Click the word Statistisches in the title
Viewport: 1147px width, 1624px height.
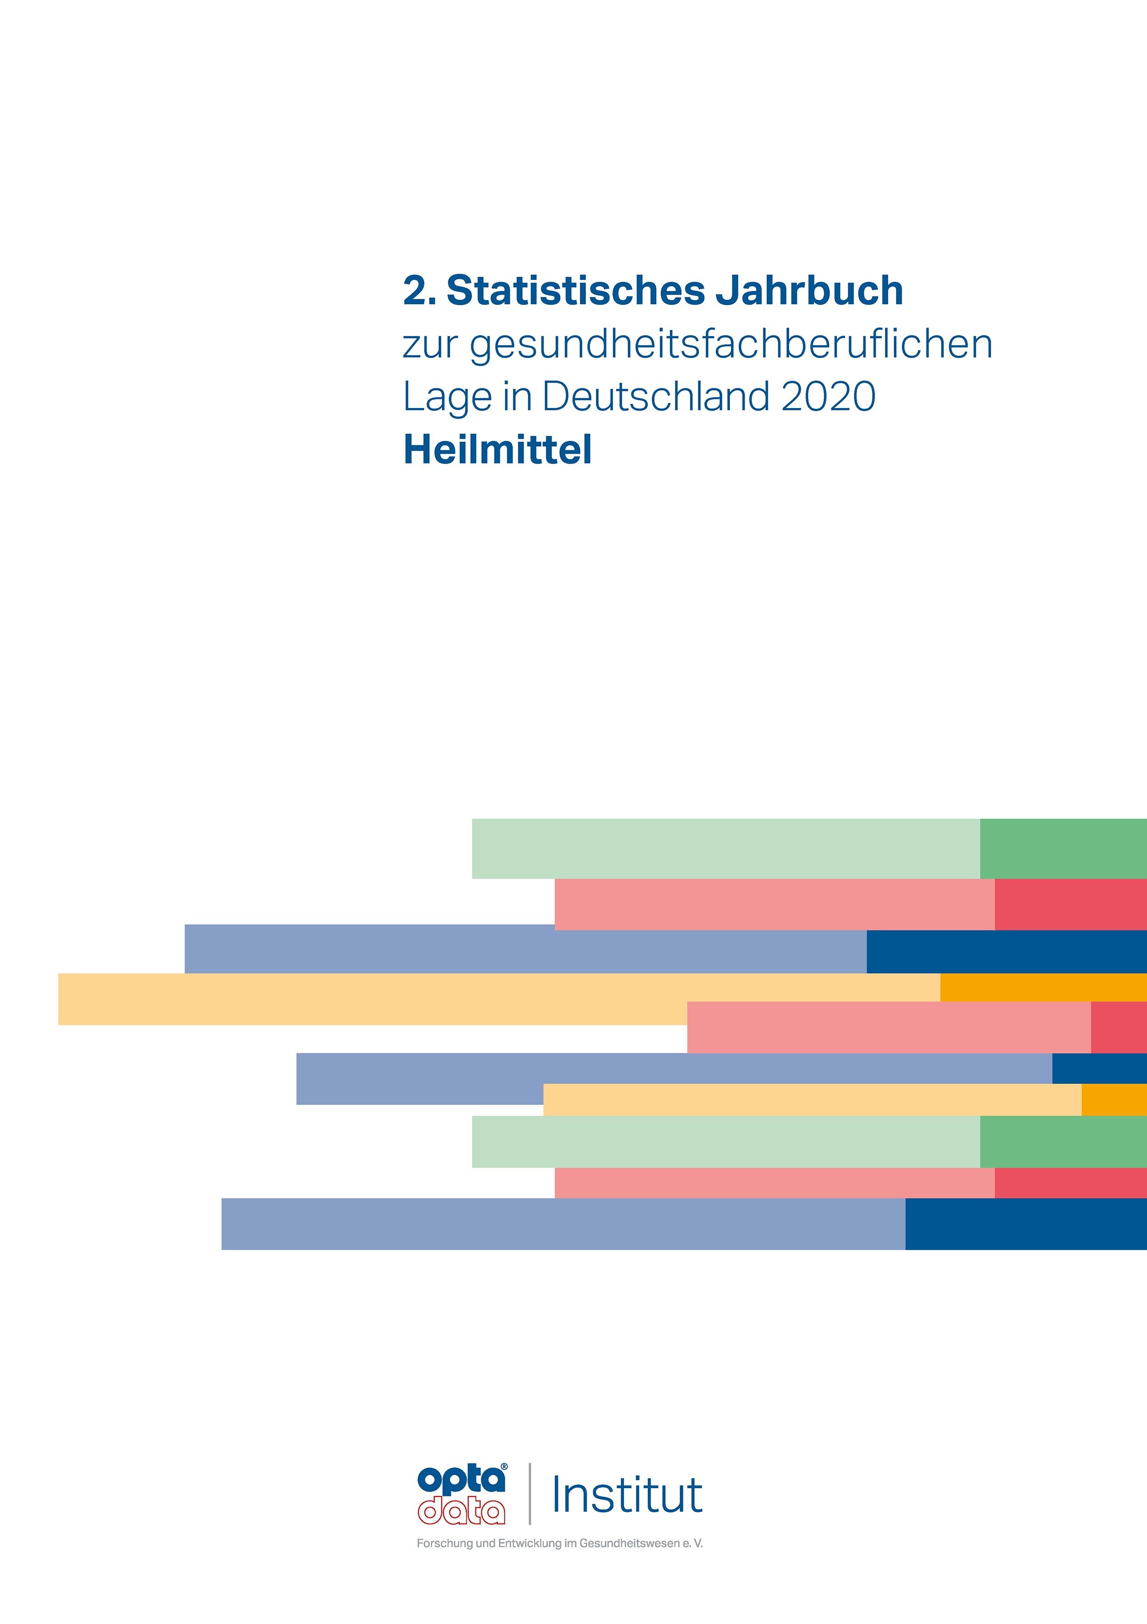[575, 291]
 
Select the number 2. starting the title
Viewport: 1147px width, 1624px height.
[418, 291]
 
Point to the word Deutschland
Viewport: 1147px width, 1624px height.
[656, 397]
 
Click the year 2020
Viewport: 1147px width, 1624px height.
[829, 397]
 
